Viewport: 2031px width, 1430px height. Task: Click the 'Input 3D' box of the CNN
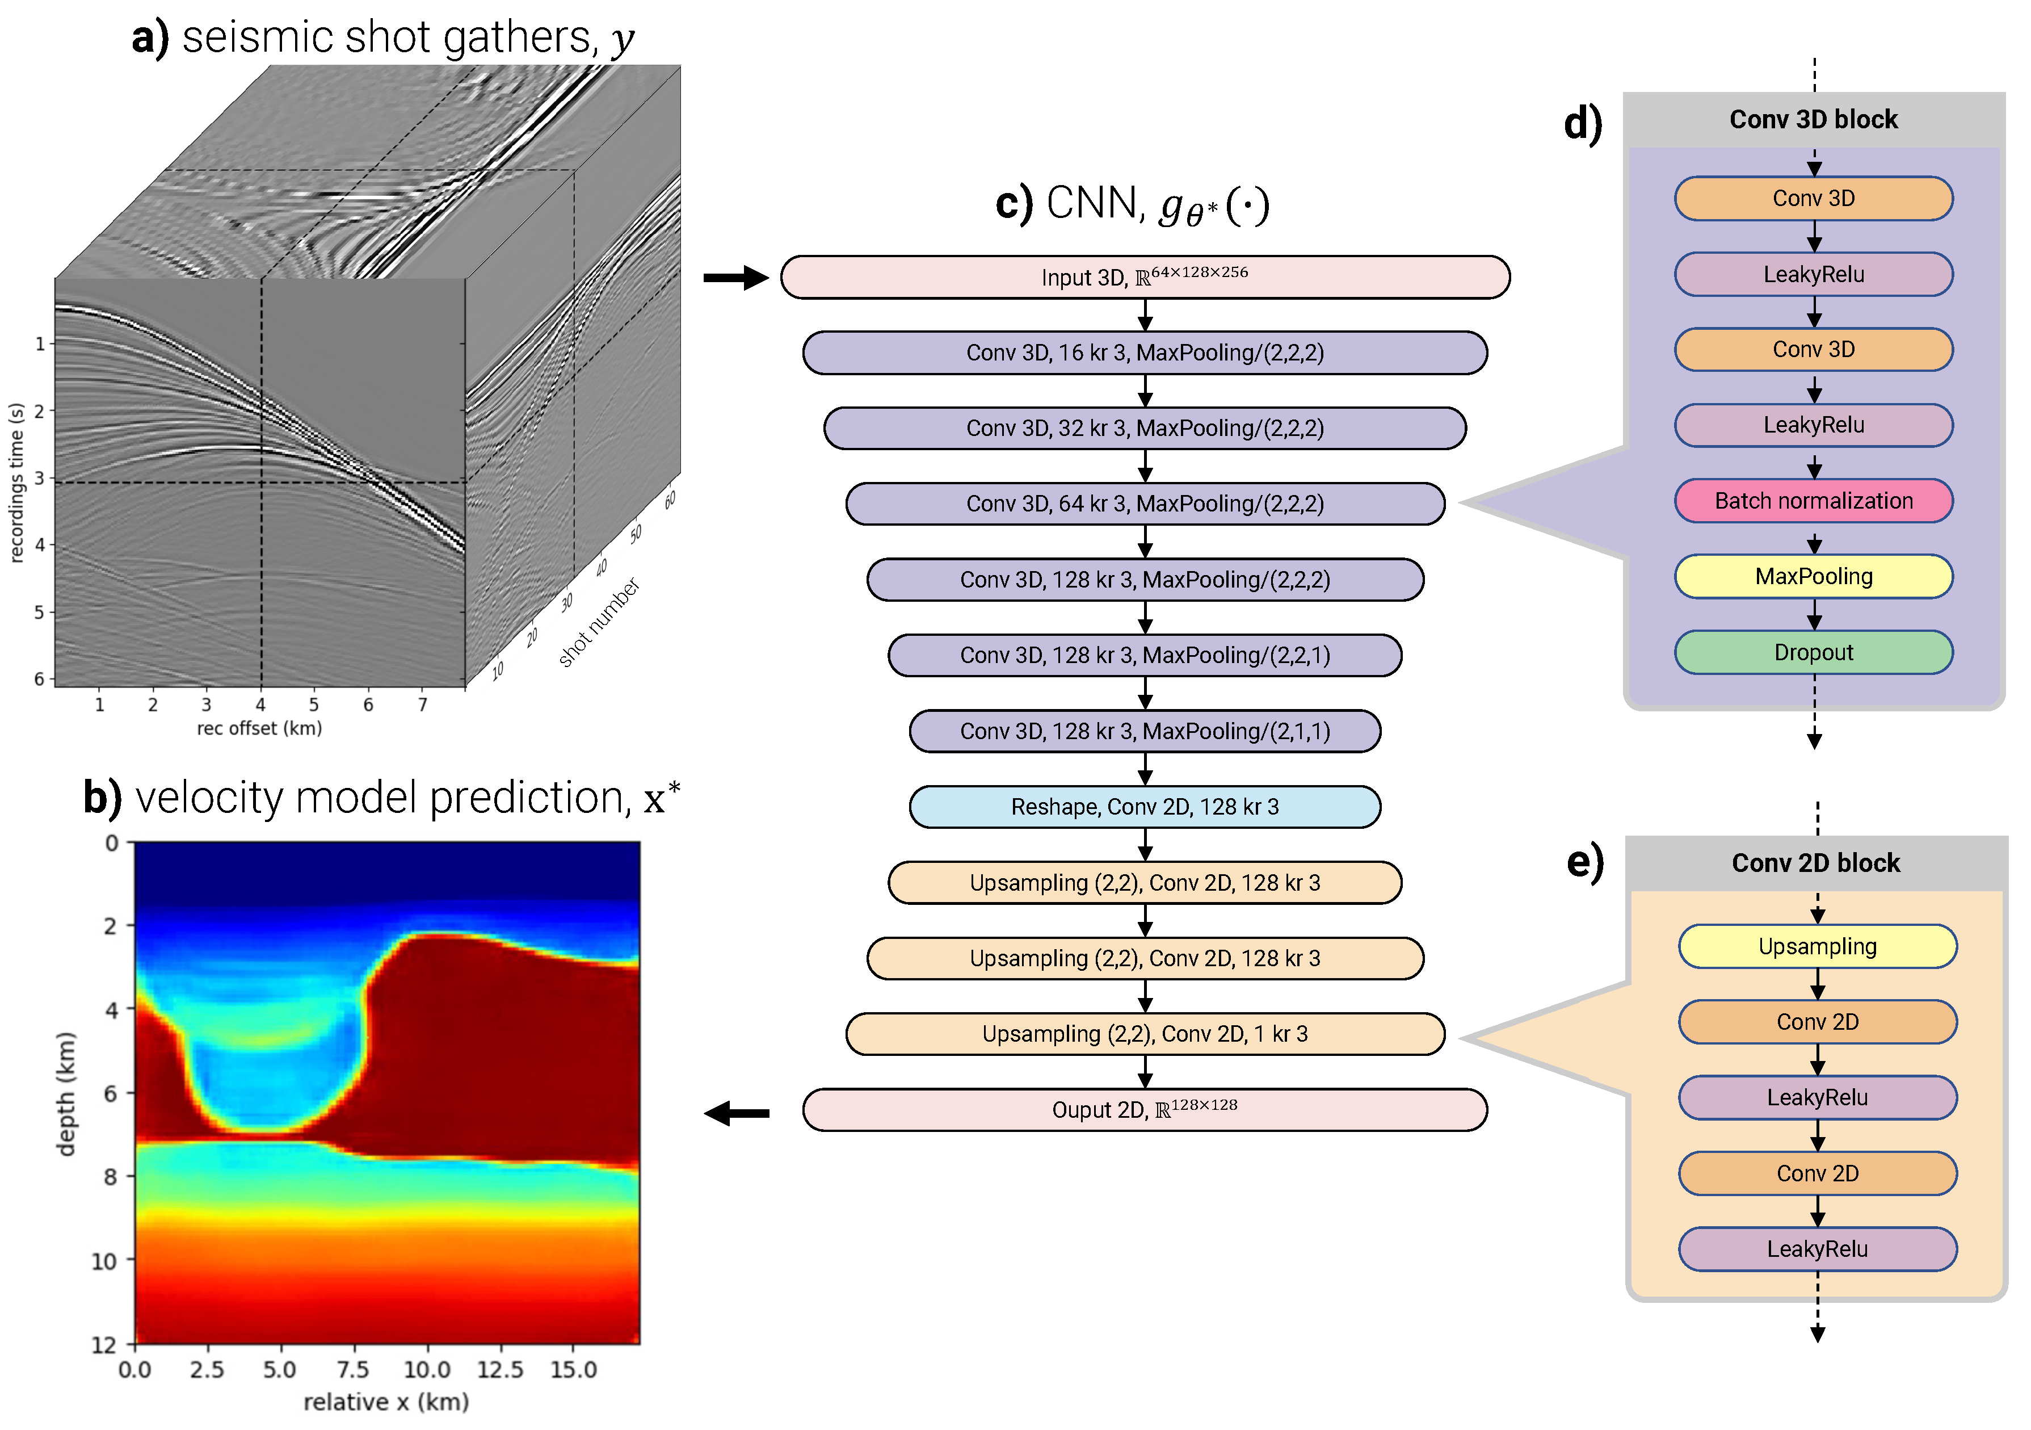[1145, 277]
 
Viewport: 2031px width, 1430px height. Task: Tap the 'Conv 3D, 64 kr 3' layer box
[1145, 504]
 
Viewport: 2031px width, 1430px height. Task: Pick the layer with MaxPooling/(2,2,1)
[1145, 655]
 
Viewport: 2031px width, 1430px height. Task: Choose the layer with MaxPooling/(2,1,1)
[1145, 731]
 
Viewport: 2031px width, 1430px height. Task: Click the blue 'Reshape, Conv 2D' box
[1145, 806]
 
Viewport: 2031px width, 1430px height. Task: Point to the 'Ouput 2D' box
[1145, 1110]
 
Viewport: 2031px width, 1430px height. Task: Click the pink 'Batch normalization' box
[1814, 501]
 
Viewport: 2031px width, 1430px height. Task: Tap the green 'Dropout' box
[1814, 652]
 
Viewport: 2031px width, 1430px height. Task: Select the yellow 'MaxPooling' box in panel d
[1814, 576]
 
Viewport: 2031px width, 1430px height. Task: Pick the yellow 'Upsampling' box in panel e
[1817, 946]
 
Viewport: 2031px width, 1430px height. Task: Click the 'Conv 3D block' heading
[1814, 119]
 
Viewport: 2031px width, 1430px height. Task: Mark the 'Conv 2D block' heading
[1815, 863]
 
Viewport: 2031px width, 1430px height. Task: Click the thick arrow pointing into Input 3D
[735, 278]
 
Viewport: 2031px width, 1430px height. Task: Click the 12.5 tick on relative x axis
[500, 1370]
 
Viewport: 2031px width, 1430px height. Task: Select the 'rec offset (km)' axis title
[259, 728]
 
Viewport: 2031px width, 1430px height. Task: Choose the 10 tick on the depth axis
[104, 1260]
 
